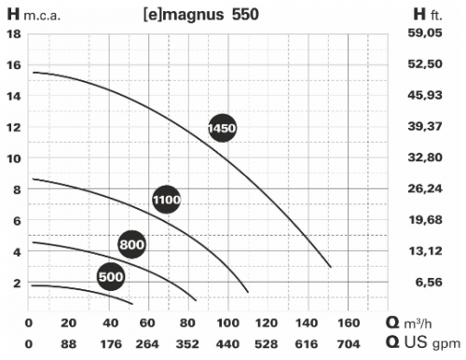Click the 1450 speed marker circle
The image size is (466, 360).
tap(222, 127)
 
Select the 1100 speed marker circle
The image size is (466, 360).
tap(167, 199)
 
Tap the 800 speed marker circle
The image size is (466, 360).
tap(132, 243)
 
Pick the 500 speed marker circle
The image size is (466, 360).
tap(111, 275)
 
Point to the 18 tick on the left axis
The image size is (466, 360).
tap(14, 34)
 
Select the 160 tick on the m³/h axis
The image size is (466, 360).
tap(348, 323)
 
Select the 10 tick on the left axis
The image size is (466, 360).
tap(14, 158)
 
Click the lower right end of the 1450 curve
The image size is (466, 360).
tap(331, 267)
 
